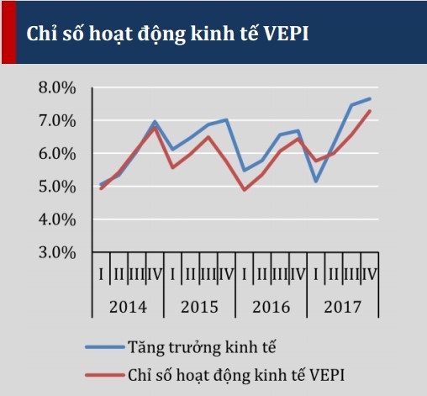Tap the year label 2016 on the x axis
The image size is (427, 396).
(x=271, y=307)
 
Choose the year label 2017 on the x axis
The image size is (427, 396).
(x=342, y=307)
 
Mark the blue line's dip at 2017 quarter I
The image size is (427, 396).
(x=316, y=181)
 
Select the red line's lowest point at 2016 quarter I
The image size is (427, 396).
(x=244, y=190)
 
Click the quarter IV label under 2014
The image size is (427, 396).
(x=154, y=273)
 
